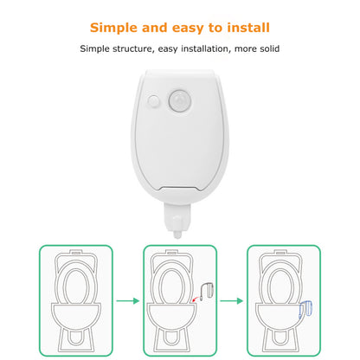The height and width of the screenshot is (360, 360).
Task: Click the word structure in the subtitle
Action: tap(132, 48)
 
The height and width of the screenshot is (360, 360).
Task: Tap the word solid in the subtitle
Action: tap(270, 48)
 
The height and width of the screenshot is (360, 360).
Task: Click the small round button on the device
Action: tap(153, 101)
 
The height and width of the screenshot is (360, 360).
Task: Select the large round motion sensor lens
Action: tap(180, 100)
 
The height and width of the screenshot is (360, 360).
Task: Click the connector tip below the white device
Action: tap(177, 235)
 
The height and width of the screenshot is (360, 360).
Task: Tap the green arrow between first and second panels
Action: tap(128, 301)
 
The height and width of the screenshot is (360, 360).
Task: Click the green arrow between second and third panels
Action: tap(231, 301)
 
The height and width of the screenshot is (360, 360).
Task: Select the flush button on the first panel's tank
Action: tap(76, 253)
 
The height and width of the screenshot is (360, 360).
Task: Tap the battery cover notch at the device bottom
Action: tap(179, 189)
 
